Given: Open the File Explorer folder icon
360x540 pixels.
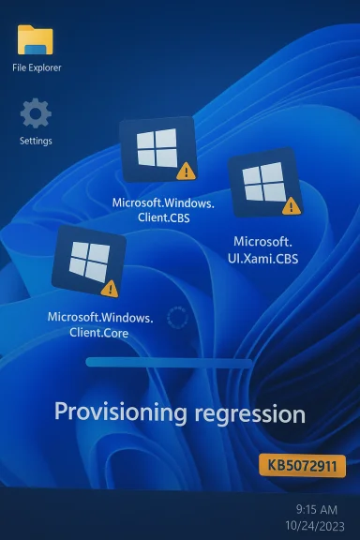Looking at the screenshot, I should tap(36, 40).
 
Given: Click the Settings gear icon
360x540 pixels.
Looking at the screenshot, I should tap(36, 113).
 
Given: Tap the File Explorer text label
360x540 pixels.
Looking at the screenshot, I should tap(37, 67).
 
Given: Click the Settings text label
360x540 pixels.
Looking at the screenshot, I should tap(36, 141).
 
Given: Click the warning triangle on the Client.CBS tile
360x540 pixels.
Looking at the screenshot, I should tap(185, 172).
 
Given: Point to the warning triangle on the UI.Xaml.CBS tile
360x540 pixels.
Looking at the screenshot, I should tap(291, 205).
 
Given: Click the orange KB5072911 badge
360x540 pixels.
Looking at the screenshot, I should tap(302, 465).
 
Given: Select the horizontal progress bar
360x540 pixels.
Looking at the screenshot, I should tap(169, 362).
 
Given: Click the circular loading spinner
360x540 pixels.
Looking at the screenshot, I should tap(177, 318).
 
